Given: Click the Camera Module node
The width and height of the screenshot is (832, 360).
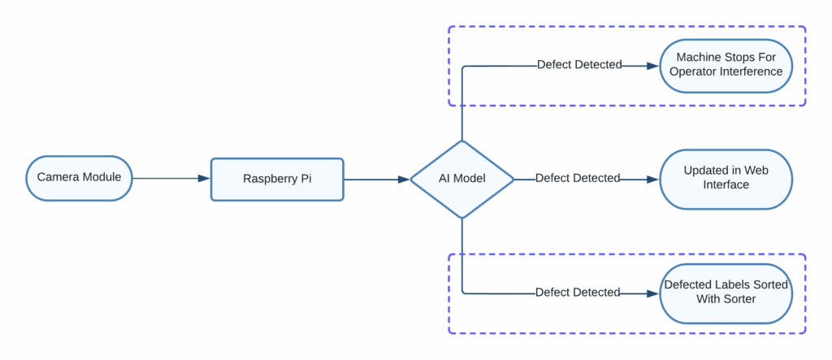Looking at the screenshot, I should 79,178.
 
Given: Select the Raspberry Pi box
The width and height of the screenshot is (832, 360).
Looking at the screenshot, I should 277,179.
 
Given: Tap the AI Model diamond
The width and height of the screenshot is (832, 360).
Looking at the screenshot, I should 461,179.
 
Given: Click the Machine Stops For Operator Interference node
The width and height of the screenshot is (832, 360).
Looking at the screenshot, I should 726,65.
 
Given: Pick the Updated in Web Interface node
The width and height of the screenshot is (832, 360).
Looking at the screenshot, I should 726,178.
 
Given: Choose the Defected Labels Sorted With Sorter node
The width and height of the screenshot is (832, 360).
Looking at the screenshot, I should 726,292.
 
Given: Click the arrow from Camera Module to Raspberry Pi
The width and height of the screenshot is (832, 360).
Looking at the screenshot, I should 171,179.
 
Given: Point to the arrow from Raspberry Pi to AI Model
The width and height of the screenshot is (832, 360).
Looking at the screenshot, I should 376,179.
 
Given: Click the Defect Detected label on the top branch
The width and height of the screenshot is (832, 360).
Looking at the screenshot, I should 579,65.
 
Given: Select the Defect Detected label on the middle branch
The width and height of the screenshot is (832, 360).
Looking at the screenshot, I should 578,178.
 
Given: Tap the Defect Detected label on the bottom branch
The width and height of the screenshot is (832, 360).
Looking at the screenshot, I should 578,292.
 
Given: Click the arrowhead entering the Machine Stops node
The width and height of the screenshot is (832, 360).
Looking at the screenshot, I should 652,65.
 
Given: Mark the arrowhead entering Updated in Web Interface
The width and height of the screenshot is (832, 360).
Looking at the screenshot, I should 652,179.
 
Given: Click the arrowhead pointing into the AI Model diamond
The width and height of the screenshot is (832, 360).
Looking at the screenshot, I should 405,179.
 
